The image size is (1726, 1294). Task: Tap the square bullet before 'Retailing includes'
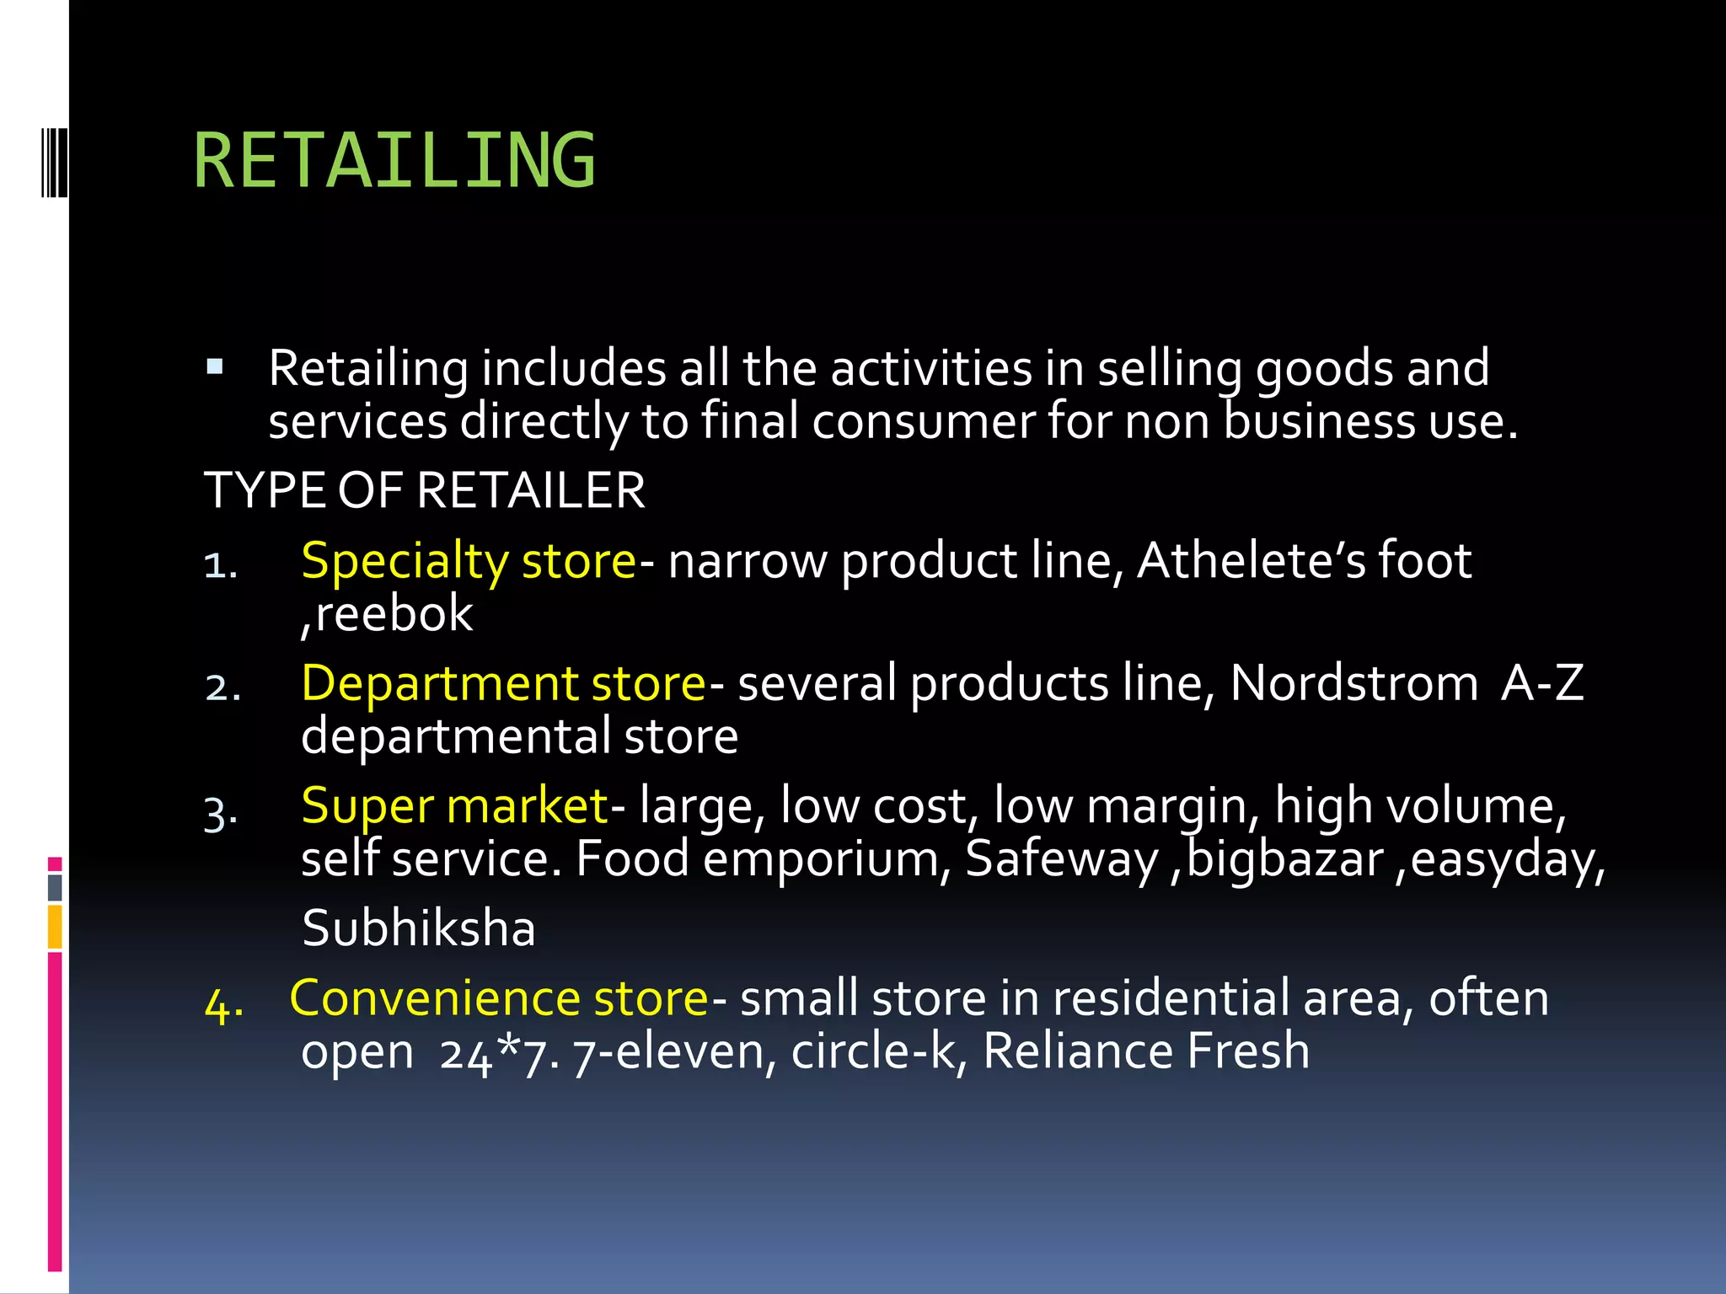tap(215, 366)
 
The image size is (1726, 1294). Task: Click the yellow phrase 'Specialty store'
tap(468, 561)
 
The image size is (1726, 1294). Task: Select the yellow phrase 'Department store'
tap(503, 683)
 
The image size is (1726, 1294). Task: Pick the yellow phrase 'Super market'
tap(454, 806)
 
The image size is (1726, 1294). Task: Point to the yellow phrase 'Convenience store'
tap(499, 998)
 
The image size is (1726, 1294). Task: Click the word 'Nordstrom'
tap(1353, 683)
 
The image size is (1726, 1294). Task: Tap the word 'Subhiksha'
tap(418, 928)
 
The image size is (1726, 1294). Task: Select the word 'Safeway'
tap(1062, 859)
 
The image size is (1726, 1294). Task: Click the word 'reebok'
tap(394, 613)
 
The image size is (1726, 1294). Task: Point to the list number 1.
tap(221, 565)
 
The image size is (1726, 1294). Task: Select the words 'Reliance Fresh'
tap(1146, 1051)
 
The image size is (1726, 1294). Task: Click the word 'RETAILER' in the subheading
tap(531, 491)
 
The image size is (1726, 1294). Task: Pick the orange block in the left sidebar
tap(55, 927)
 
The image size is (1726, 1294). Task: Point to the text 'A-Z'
tap(1542, 683)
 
